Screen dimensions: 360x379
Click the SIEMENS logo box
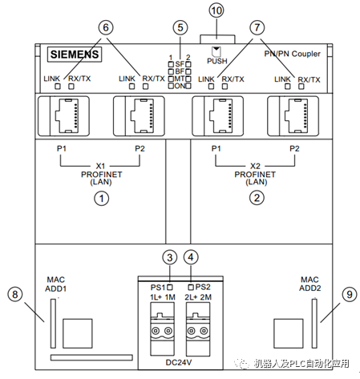(75, 54)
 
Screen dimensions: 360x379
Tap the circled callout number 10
(216, 10)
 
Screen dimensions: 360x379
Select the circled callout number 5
(180, 27)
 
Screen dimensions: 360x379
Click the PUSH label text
(217, 61)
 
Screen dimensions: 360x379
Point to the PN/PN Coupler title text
(292, 54)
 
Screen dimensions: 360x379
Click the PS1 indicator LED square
(170, 288)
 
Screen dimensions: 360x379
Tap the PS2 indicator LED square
(191, 287)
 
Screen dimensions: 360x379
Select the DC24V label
(179, 362)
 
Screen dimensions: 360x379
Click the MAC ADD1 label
(55, 284)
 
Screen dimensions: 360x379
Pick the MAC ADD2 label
(310, 284)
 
